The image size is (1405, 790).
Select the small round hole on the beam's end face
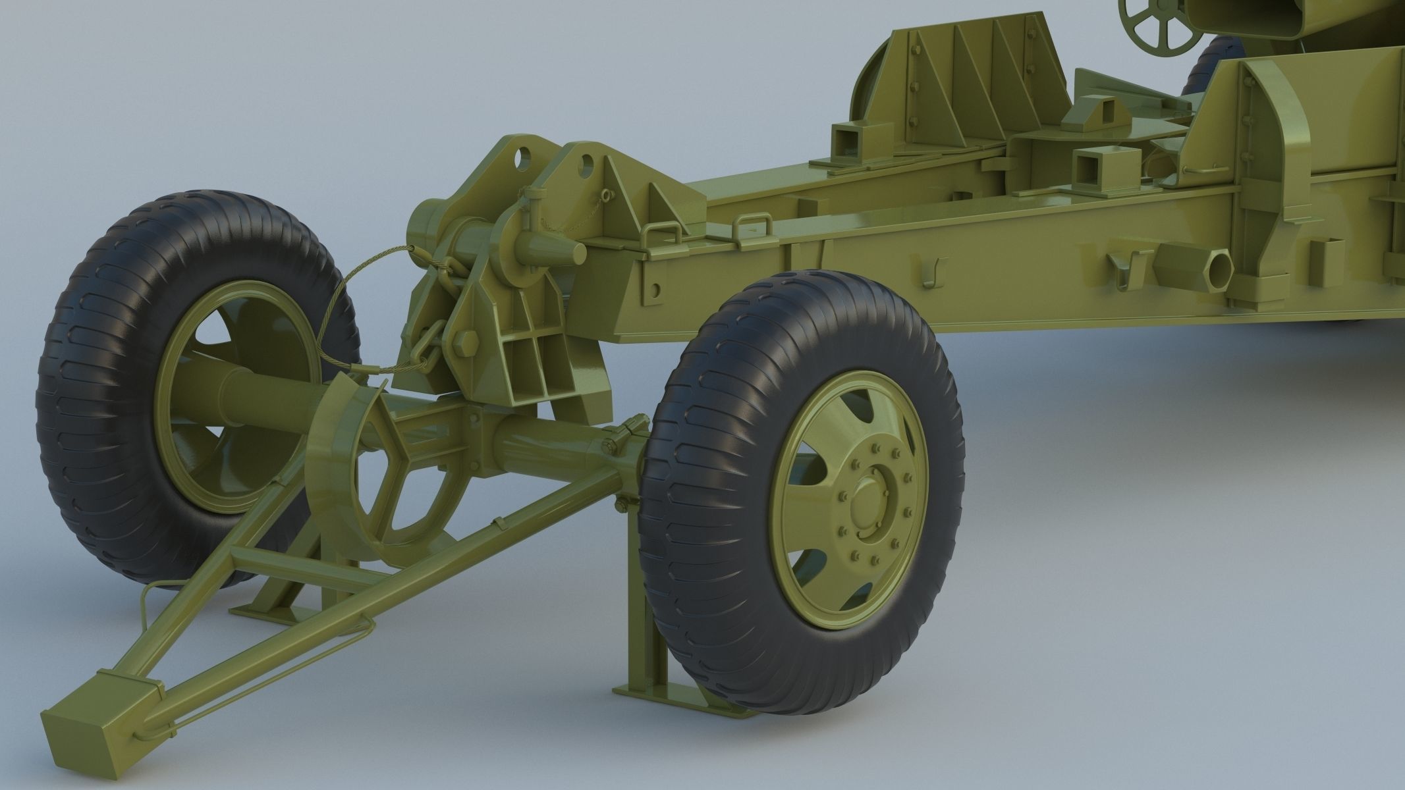655,290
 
